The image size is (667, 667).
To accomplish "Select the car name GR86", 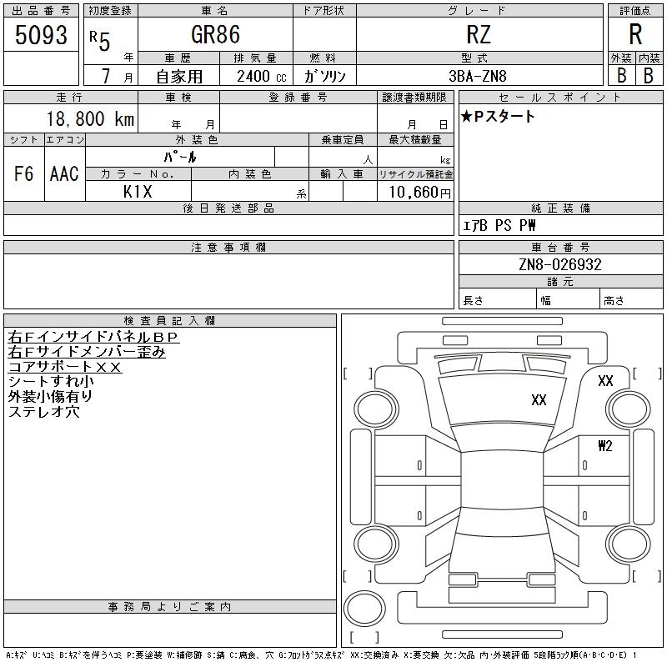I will (215, 34).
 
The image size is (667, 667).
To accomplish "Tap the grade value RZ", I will (479, 34).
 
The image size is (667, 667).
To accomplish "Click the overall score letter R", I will (635, 34).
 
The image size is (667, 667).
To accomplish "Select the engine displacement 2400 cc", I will (261, 76).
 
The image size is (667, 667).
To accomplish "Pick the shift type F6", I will (23, 173).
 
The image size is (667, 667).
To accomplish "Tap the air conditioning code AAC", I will (64, 173).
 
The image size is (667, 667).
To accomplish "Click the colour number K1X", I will (138, 191).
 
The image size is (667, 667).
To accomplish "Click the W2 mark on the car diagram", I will (604, 446).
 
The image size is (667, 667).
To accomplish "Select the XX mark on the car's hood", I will (539, 400).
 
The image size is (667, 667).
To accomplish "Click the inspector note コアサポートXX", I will (65, 366).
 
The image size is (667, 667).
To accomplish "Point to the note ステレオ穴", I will (43, 411).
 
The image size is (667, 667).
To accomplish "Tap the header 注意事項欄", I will (228, 248).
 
